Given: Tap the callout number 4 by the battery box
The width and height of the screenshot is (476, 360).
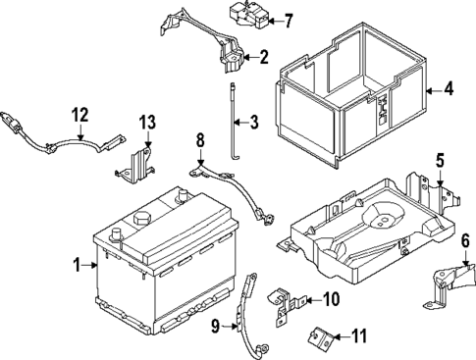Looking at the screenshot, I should click(x=448, y=90).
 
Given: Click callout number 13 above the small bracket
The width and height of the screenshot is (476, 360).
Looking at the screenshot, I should click(x=147, y=123).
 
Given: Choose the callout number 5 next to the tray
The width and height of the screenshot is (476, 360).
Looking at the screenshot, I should click(x=440, y=159).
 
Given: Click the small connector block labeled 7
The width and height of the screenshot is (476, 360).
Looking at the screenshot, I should click(x=239, y=17).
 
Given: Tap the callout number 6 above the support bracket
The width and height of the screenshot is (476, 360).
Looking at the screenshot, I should click(x=465, y=238).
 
